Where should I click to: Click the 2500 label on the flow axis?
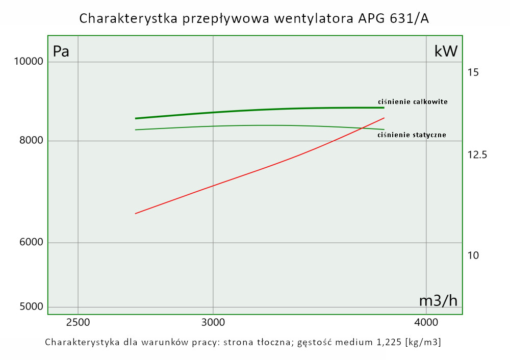click(78, 323)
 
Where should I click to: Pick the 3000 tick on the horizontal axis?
click(213, 323)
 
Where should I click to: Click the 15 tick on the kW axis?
click(473, 72)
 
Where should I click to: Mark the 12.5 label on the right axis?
click(477, 155)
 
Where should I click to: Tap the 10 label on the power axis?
click(473, 255)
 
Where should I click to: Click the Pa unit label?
click(61, 52)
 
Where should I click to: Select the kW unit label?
click(446, 51)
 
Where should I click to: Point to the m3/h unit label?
click(438, 301)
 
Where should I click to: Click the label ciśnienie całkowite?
click(413, 101)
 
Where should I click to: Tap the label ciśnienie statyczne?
click(412, 135)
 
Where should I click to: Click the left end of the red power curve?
click(135, 214)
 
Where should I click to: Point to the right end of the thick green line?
click(384, 108)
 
